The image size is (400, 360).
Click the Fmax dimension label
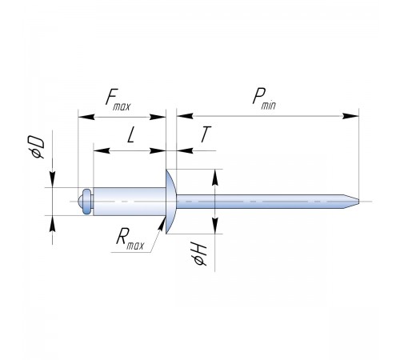point(118,100)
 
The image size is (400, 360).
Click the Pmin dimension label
point(264,98)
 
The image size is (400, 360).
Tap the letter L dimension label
point(130,134)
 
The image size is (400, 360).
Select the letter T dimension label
point(206,134)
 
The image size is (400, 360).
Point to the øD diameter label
point(37,147)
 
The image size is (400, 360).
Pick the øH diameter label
point(200,255)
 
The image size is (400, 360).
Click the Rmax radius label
point(130,240)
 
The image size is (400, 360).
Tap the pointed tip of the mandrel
point(358,202)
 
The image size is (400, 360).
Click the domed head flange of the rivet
point(170,202)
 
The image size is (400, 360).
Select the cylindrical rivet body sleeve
point(130,202)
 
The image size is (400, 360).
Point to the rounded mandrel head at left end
point(86,202)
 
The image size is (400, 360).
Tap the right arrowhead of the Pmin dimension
point(350,116)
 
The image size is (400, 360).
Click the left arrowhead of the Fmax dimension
point(86,117)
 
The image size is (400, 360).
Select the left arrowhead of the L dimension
point(102,150)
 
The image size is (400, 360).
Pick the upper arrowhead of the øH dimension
point(215,177)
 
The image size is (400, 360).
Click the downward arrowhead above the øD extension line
point(53,179)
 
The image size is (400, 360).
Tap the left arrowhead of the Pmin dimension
point(185,116)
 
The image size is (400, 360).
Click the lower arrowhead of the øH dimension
point(215,226)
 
